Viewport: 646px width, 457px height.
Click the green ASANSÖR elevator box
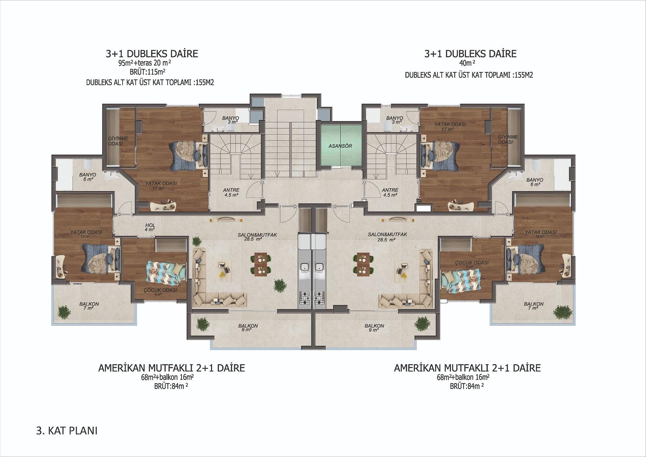340,146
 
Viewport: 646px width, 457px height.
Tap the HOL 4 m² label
150,227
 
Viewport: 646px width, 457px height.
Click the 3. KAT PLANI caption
67,431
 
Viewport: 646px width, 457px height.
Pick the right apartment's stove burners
319,298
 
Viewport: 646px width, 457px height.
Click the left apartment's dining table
261,264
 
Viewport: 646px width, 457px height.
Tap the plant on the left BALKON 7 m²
64,312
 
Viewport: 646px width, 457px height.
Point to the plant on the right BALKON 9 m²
422,323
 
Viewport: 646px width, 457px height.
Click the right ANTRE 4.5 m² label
390,192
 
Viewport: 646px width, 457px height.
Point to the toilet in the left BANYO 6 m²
88,164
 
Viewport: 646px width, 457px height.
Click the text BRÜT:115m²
147,72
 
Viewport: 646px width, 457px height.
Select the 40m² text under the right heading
467,63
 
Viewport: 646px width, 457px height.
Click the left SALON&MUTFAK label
257,237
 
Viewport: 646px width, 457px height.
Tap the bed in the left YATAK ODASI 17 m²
188,156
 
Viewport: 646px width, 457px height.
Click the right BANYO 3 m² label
394,120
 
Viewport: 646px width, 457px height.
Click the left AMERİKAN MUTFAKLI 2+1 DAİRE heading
171,368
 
